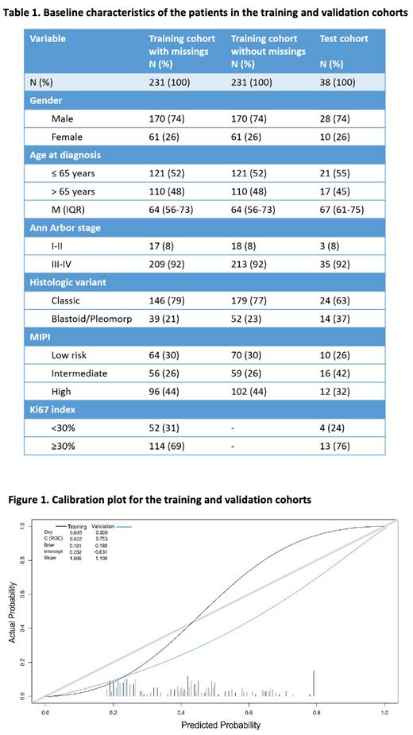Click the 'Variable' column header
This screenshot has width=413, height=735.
pyautogui.click(x=48, y=38)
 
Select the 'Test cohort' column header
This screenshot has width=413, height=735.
pyautogui.click(x=343, y=38)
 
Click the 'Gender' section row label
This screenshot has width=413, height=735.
pyautogui.click(x=47, y=101)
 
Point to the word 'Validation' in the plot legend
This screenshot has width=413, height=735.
pyautogui.click(x=105, y=526)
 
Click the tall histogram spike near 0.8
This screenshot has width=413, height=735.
pyautogui.click(x=313, y=683)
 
